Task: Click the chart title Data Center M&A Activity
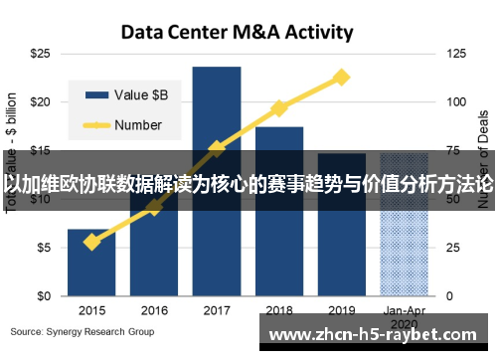(x=237, y=32)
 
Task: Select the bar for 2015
(x=91, y=263)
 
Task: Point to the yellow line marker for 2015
(x=91, y=242)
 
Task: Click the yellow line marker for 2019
(x=342, y=77)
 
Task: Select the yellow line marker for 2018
(x=279, y=107)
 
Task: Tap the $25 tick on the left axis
(x=41, y=52)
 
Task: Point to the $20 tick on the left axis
(x=41, y=101)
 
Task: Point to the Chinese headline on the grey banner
(x=248, y=183)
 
